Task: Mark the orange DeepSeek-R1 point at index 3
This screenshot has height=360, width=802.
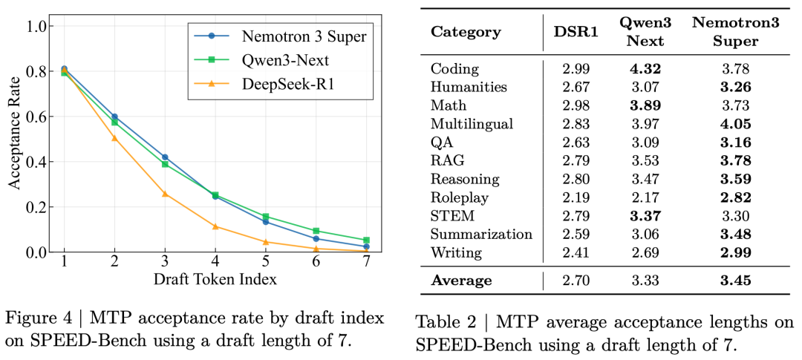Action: (165, 194)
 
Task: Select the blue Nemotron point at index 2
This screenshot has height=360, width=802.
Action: (114, 117)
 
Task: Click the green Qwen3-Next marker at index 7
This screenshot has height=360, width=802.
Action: (367, 240)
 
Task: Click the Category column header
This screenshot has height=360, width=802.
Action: (466, 31)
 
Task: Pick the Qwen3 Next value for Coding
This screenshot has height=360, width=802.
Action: (645, 69)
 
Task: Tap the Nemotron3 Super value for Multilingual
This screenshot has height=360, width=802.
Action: (735, 124)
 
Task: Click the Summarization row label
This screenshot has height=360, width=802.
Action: (481, 234)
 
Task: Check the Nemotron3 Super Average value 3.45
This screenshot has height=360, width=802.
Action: (735, 280)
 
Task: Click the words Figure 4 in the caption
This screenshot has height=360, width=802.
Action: (36, 318)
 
